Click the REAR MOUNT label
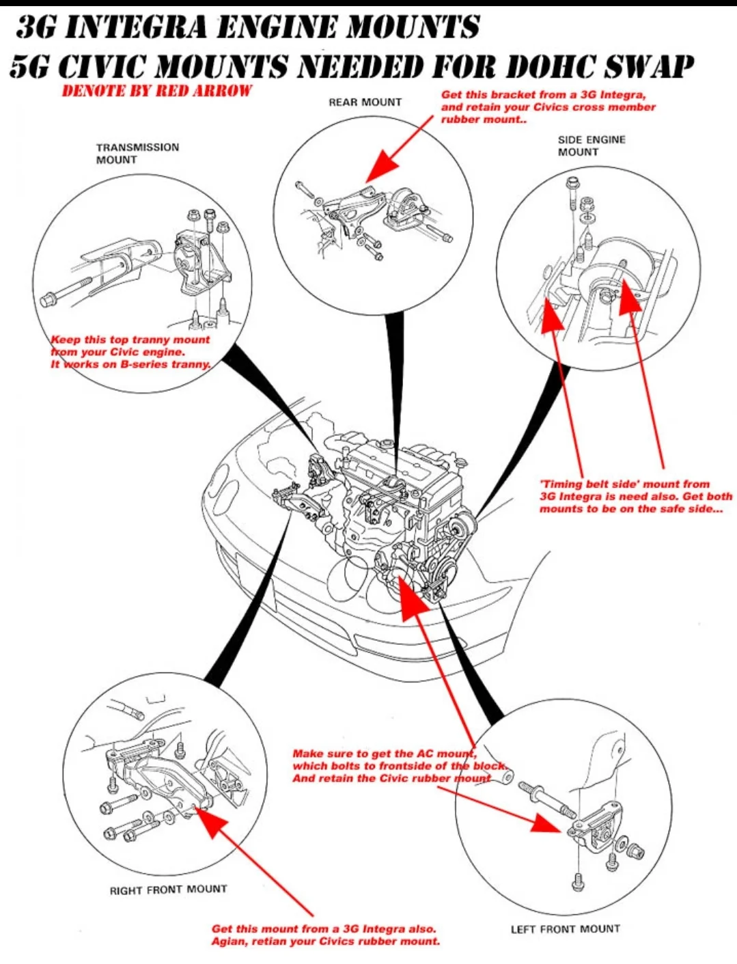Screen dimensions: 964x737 click(x=365, y=102)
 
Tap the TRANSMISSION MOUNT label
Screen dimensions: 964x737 click(x=137, y=154)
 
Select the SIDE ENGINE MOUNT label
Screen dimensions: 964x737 click(x=591, y=146)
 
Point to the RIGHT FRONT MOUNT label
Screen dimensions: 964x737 click(x=168, y=890)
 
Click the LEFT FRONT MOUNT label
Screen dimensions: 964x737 click(x=565, y=929)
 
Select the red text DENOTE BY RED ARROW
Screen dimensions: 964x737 click(x=156, y=91)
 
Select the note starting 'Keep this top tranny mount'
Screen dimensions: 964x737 click(x=130, y=352)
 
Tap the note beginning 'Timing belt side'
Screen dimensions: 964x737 click(x=635, y=497)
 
